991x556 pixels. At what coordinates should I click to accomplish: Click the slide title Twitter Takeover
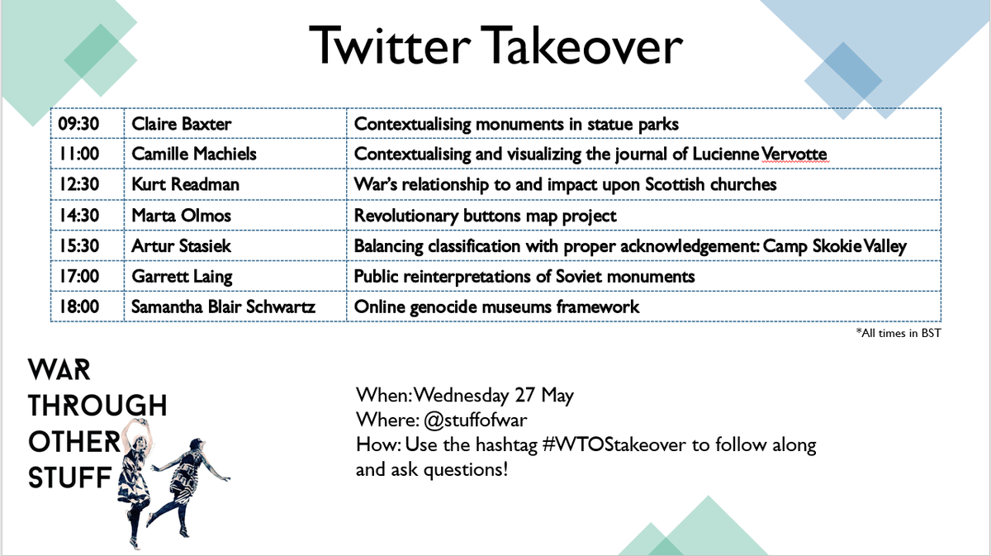click(x=495, y=45)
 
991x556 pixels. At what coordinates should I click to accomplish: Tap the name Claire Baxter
click(x=182, y=125)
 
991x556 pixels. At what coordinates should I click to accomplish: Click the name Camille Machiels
click(x=195, y=154)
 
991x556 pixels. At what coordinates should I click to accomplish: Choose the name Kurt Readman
click(x=186, y=184)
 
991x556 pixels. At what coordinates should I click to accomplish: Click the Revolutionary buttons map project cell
click(x=486, y=216)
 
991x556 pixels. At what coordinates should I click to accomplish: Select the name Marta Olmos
click(x=180, y=216)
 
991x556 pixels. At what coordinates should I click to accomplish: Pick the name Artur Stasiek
click(x=181, y=245)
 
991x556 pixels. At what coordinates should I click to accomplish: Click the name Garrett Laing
click(x=181, y=276)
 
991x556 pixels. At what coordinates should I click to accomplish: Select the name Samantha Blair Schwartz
click(x=223, y=307)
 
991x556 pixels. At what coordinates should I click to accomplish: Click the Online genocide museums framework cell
click(x=496, y=307)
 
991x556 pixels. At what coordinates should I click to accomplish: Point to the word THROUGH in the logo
click(x=97, y=405)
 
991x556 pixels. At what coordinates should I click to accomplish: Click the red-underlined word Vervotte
click(x=794, y=154)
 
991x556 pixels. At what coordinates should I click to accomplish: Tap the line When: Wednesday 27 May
click(x=464, y=394)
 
